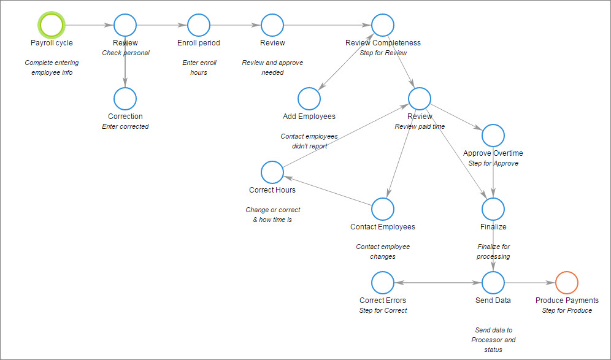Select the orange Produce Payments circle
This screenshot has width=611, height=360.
point(567,272)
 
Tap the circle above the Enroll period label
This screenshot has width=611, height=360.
point(199,14)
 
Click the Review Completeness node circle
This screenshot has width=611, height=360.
point(383,14)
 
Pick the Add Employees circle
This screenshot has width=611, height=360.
point(309,88)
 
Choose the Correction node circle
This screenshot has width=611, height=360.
point(125,88)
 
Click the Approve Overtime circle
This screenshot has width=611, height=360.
point(493,124)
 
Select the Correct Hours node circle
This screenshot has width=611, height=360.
point(272,161)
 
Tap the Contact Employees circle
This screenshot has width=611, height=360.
point(383,198)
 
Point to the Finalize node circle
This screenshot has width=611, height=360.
point(493,198)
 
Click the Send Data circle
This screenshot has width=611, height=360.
point(493,272)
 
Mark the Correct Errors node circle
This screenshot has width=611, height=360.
point(383,272)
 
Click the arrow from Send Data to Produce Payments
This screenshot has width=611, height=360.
point(530,283)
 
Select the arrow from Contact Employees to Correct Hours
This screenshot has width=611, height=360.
point(328,191)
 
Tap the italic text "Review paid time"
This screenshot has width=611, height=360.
point(420,126)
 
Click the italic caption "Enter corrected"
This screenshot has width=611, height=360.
point(125,126)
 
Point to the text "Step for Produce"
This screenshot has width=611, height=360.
point(567,310)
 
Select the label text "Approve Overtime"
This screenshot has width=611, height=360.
point(493,153)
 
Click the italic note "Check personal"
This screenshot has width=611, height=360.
point(126,53)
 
